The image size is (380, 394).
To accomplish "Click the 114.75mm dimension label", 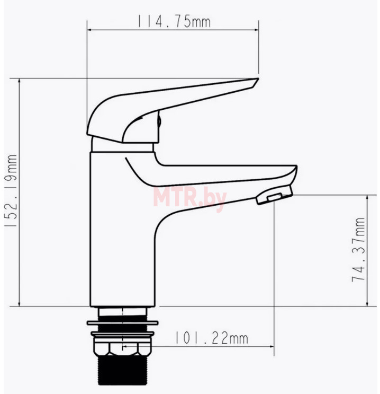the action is [174, 21].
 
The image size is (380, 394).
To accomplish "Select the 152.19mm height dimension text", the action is [11, 191].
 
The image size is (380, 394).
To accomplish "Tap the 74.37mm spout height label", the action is [358, 250].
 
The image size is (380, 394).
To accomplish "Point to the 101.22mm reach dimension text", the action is [211, 338].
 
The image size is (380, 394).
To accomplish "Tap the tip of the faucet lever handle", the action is [258, 79].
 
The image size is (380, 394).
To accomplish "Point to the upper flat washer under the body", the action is [122, 322].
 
